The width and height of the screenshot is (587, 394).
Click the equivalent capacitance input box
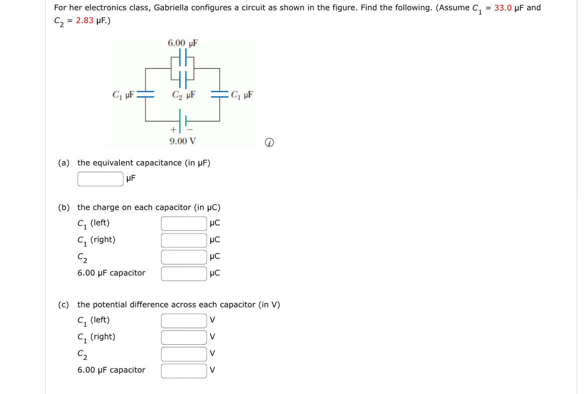pyautogui.click(x=100, y=179)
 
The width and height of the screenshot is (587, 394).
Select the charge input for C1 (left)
pyautogui.click(x=184, y=223)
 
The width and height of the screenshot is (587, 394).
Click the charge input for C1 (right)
pyautogui.click(x=184, y=240)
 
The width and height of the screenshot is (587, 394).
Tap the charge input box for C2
pyautogui.click(x=184, y=257)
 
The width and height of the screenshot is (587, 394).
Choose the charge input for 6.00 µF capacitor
pyautogui.click(x=184, y=274)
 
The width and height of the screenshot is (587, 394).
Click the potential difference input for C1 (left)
pyautogui.click(x=184, y=320)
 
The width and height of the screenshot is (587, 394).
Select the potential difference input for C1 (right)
pyautogui.click(x=184, y=337)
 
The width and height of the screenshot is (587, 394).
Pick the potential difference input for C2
pyautogui.click(x=184, y=354)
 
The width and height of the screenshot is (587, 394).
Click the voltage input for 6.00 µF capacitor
pyautogui.click(x=184, y=370)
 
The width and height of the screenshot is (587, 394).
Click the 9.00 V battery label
pyautogui.click(x=182, y=141)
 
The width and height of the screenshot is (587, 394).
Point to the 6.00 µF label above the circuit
pyautogui.click(x=183, y=43)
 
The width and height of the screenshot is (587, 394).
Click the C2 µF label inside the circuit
pyautogui.click(x=183, y=94)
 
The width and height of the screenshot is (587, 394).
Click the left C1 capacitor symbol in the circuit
pyautogui.click(x=145, y=94)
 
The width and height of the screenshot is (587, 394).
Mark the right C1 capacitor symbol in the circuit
pyautogui.click(x=219, y=94)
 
